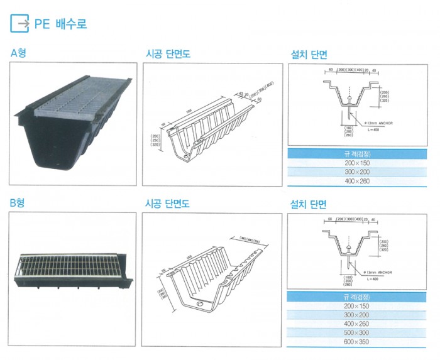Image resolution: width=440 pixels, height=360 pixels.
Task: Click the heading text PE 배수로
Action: (x=60, y=25)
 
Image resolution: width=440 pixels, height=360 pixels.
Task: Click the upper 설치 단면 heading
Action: (x=308, y=54)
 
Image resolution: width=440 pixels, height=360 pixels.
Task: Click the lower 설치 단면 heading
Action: (x=308, y=204)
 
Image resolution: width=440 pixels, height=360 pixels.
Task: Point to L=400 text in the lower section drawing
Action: (x=372, y=278)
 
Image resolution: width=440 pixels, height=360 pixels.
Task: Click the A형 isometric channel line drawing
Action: (x=207, y=126)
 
